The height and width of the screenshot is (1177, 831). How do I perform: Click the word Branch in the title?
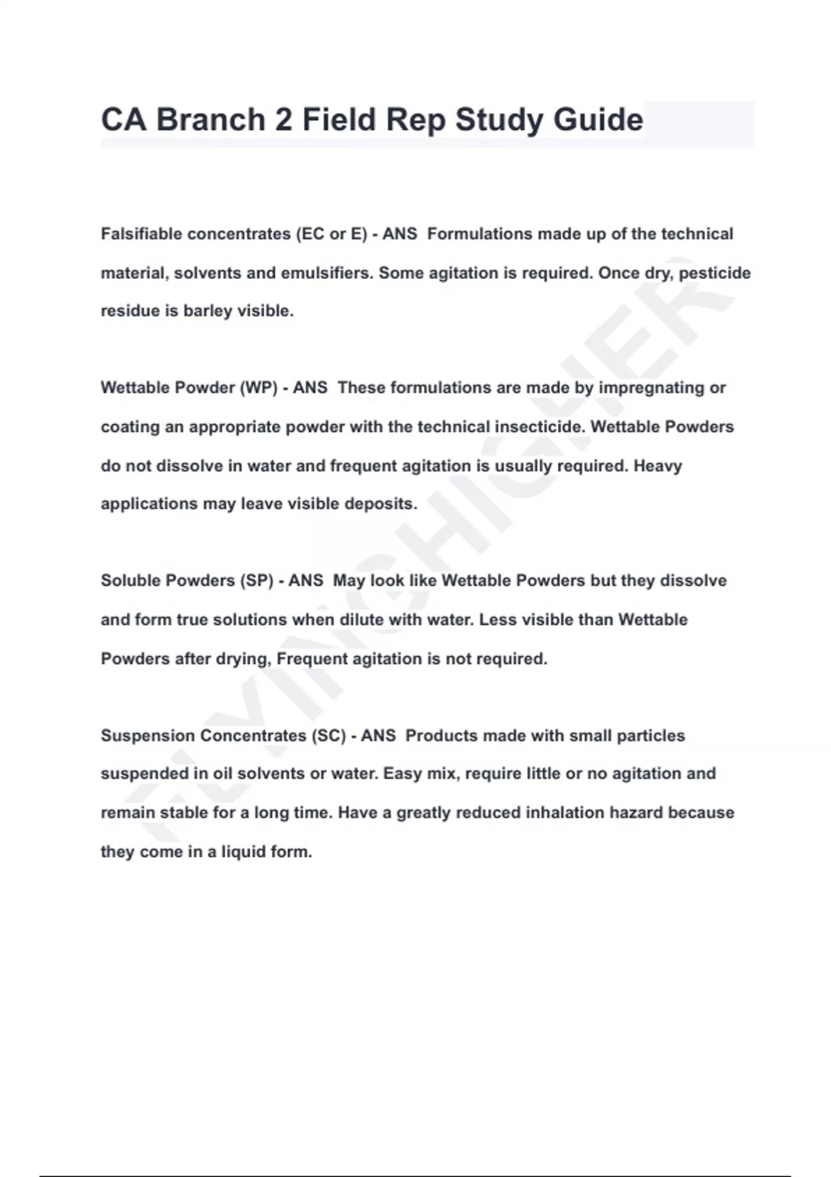tap(211, 120)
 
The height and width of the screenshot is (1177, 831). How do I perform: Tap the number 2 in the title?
tap(283, 120)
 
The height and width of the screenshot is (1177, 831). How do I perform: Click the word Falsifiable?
tap(141, 234)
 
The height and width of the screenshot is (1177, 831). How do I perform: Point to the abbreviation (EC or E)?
tap(331, 234)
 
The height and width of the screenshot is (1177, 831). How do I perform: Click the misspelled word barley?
tap(208, 311)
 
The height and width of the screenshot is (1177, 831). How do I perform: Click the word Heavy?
tap(658, 465)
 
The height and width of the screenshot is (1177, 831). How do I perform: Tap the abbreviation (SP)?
tap(256, 580)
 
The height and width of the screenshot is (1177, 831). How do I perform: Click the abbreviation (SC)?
tap(329, 735)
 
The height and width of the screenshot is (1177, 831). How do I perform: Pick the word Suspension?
tap(148, 735)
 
